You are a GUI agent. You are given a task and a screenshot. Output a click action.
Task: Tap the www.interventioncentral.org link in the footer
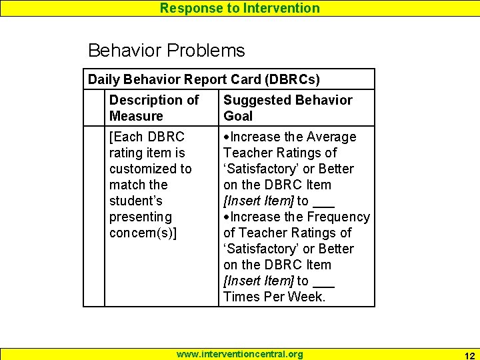coord(239,354)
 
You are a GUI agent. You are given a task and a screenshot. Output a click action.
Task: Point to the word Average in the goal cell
coord(331,137)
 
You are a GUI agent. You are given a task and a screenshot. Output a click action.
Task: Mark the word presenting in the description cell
coord(141,217)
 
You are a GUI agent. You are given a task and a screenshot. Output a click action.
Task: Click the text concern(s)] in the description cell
coord(143,233)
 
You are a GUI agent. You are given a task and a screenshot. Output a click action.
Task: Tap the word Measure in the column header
coord(136,116)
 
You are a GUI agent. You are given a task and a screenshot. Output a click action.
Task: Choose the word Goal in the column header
coord(238,116)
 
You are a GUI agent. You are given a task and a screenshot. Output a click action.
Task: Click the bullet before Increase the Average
coord(227,137)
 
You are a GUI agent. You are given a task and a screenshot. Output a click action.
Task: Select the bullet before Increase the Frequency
coord(227,217)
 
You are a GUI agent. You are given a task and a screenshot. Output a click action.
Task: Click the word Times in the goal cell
coord(241,297)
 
